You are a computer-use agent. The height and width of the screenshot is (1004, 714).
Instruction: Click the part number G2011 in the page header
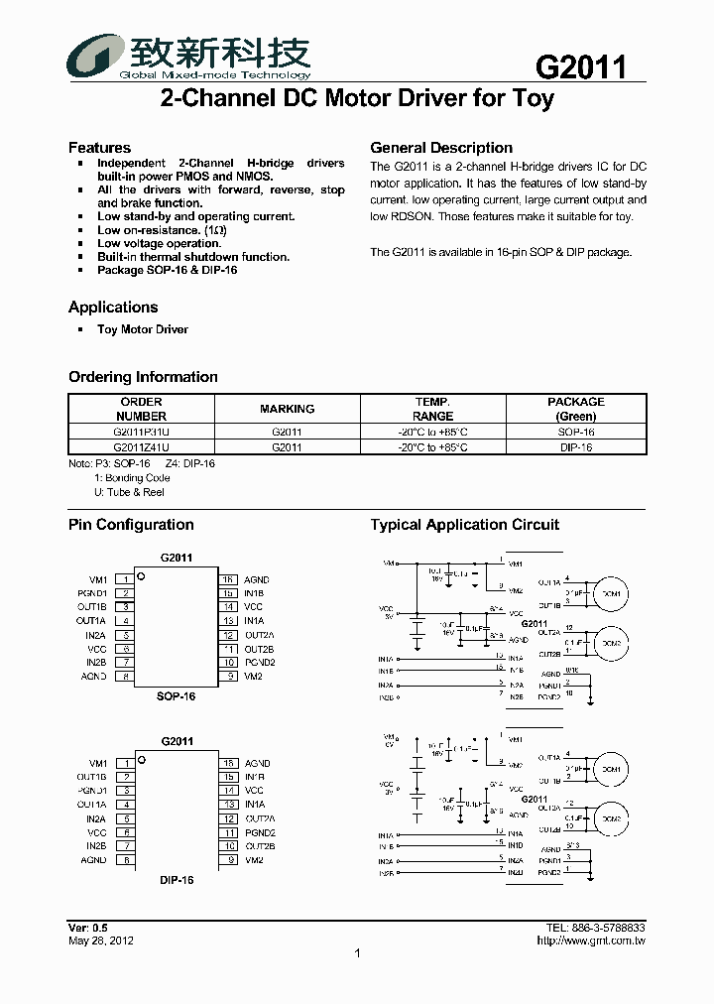pos(581,66)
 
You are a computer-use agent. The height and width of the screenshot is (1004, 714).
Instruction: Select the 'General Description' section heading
pos(441,148)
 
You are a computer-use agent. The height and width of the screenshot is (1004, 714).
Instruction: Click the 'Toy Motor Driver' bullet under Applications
pos(142,329)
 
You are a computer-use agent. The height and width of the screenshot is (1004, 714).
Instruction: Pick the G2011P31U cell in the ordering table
pos(141,433)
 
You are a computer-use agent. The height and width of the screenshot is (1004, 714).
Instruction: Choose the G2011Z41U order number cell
pos(141,447)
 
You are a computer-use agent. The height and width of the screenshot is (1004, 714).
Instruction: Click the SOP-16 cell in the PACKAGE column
pos(576,433)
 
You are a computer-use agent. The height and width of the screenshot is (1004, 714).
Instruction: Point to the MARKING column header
pos(287,409)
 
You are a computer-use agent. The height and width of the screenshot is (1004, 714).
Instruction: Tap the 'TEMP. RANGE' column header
pos(432,409)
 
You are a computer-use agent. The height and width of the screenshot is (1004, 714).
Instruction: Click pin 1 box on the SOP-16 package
pos(125,579)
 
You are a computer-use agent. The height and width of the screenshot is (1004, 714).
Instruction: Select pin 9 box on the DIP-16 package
pos(229,860)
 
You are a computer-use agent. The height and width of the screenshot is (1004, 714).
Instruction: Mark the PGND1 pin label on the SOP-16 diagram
pos(92,593)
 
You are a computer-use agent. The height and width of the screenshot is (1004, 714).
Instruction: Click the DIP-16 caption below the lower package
pos(177,880)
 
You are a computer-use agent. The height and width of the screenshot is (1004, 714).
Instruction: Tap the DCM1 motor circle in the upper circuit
pos(609,594)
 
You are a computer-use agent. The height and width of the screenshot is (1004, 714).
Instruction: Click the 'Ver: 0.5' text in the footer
pos(87,927)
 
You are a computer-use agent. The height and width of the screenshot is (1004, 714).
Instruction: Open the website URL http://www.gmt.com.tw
pos(590,941)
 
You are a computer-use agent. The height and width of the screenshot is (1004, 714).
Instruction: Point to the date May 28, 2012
pos(101,941)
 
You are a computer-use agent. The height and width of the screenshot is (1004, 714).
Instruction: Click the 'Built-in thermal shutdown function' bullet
pos(193,257)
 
